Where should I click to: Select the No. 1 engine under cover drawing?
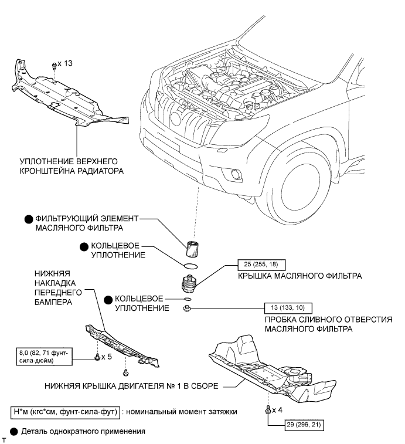270,370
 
